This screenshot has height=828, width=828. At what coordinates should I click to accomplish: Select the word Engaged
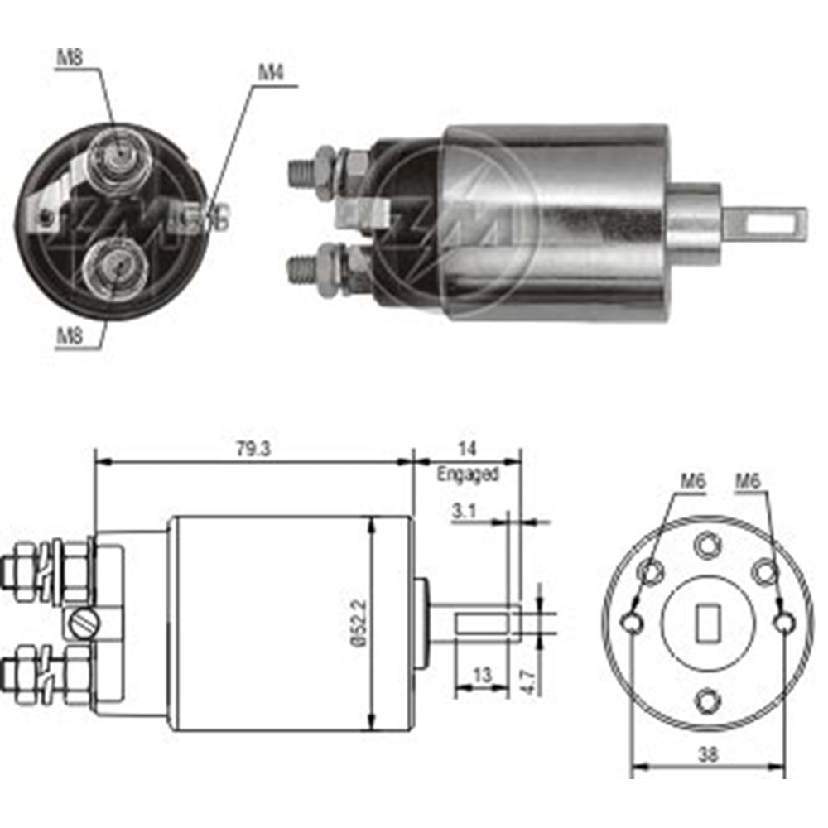(x=468, y=475)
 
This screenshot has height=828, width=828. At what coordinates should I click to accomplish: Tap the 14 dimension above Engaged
(x=467, y=449)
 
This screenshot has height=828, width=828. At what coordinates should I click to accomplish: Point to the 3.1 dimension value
(x=464, y=512)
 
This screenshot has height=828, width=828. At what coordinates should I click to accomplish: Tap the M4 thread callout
(x=270, y=72)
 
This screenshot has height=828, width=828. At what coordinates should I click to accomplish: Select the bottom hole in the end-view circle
(x=706, y=700)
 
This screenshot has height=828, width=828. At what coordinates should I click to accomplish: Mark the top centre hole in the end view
(x=705, y=544)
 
